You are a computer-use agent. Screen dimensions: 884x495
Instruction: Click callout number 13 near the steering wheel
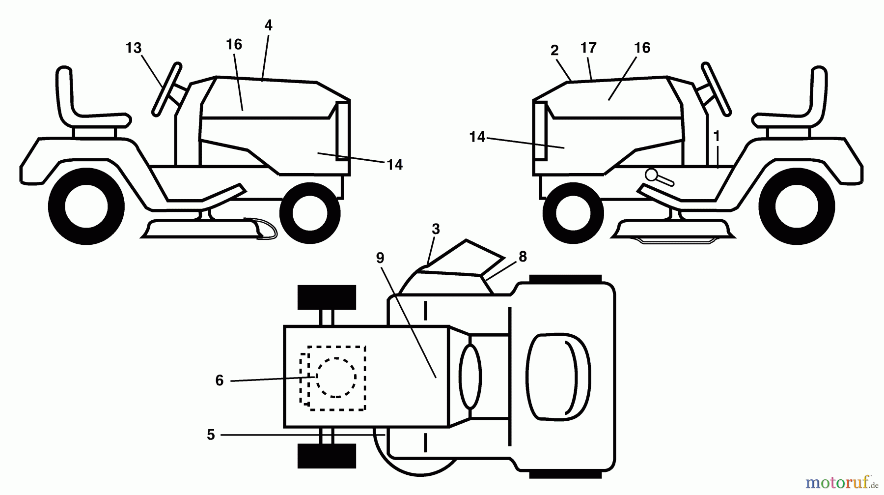point(134,48)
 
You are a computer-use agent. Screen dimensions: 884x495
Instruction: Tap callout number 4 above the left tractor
point(268,25)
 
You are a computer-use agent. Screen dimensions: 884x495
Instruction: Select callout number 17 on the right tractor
point(588,48)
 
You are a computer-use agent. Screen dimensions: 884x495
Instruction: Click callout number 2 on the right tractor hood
point(554,50)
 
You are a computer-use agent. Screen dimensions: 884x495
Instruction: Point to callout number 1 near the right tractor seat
point(717,137)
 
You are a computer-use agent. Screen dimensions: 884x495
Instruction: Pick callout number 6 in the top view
point(219,380)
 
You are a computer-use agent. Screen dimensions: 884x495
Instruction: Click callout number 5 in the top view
point(211,435)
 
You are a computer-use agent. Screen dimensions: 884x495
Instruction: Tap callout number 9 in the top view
point(380,258)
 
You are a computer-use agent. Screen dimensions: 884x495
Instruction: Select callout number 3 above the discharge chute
point(436,230)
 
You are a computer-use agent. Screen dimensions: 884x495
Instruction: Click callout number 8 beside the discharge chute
point(523,257)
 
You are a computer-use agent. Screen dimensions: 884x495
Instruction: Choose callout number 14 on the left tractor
point(394,165)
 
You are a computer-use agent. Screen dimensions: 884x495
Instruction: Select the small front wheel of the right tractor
point(573,212)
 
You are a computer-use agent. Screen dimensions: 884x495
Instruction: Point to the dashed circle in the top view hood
point(336,377)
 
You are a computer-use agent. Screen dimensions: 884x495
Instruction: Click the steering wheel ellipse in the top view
point(470,377)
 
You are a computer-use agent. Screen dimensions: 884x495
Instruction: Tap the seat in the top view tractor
point(559,377)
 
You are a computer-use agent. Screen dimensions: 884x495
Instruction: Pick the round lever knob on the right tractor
point(652,175)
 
